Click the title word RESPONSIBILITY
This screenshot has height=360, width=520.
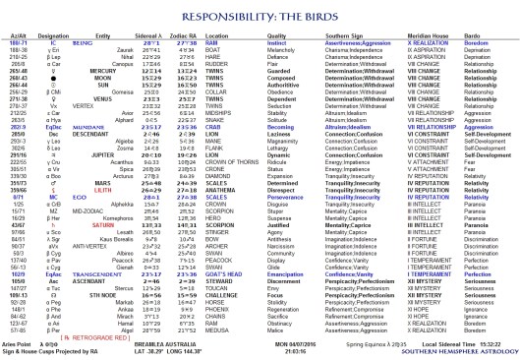[x=230, y=15]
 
